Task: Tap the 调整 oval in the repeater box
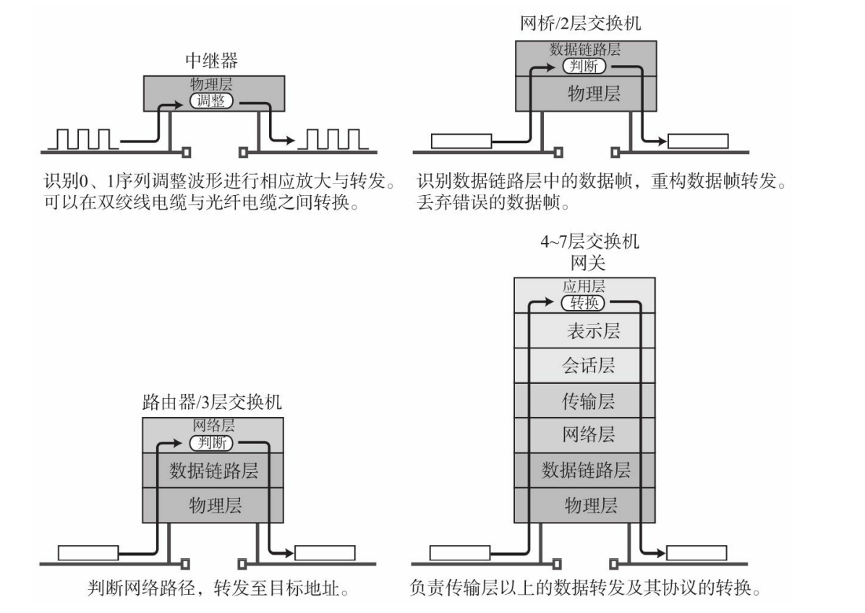tap(211, 100)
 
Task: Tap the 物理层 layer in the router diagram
tap(213, 505)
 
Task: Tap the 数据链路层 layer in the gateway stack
tap(586, 470)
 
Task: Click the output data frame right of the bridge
tap(697, 141)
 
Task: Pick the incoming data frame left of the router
tap(88, 553)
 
